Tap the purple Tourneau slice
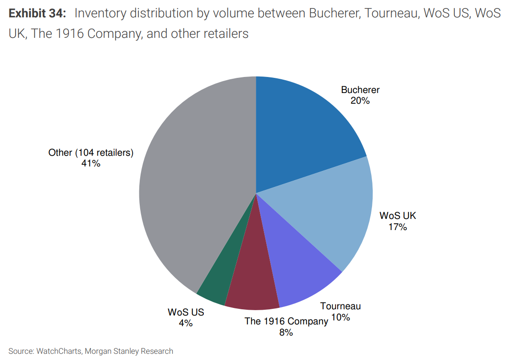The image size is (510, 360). pos(298,271)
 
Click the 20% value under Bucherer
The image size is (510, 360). pos(360,101)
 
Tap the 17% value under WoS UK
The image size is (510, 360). pos(397,227)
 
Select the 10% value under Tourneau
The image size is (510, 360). pos(340,317)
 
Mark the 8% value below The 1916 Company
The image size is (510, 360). pos(286,332)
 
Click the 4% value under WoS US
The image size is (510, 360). pos(186,323)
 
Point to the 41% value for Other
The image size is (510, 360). pos(91,163)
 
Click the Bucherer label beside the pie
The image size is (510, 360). pos(360,90)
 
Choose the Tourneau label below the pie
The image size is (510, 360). pos(340,306)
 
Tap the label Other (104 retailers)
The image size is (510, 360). pos(91,153)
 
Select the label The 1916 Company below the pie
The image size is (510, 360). pos(286,321)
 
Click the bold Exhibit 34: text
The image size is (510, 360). pos(37,13)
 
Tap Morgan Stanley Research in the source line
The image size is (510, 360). pos(129,351)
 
